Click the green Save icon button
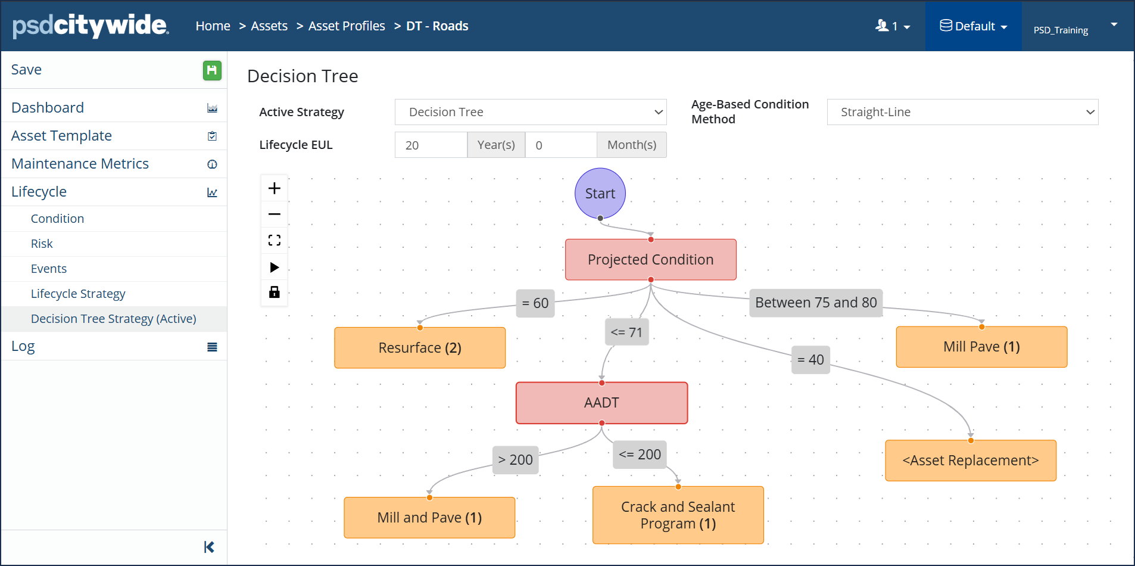point(212,70)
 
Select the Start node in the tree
point(600,194)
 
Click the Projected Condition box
point(650,260)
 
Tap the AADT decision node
point(601,403)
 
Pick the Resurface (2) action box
point(420,348)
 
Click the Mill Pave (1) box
point(981,347)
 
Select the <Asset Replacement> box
point(971,461)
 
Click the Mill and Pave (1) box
point(429,518)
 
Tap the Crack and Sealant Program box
point(678,515)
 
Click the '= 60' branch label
point(535,303)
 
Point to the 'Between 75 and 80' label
point(816,303)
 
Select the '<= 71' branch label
point(626,332)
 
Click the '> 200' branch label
point(516,460)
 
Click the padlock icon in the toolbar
point(275,292)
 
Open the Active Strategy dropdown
point(531,112)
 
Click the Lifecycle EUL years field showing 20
point(431,145)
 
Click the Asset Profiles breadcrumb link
point(347,26)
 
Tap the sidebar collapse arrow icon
point(209,547)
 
